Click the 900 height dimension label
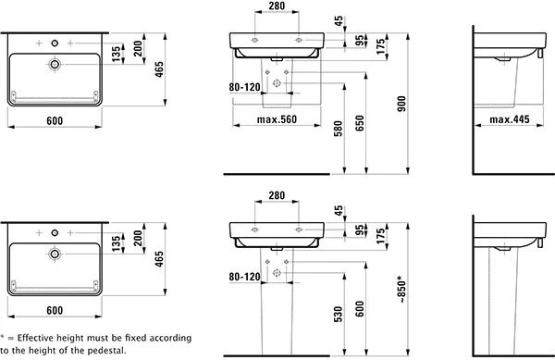401,104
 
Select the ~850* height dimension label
401,290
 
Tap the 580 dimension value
338,129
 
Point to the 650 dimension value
360,123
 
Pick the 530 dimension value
338,315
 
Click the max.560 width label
277,119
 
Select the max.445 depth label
510,119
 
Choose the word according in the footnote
170,339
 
